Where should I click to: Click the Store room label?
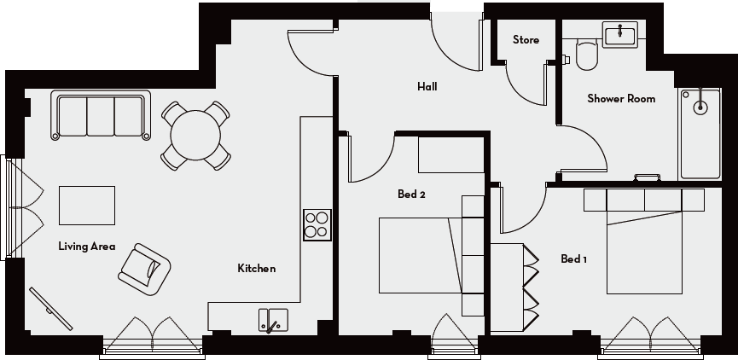click(526, 40)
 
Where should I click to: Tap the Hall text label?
click(427, 86)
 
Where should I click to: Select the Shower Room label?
click(621, 99)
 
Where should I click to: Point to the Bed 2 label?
click(411, 195)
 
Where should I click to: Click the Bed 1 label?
click(573, 259)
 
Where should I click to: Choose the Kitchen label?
click(256, 269)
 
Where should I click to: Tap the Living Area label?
click(86, 247)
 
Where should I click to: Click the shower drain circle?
click(700, 107)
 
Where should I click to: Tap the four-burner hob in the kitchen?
click(317, 224)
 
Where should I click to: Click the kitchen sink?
click(273, 320)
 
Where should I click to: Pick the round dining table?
click(196, 134)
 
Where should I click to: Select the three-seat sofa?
click(101, 115)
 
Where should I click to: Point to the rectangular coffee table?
click(86, 206)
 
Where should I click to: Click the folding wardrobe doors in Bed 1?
click(530, 287)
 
